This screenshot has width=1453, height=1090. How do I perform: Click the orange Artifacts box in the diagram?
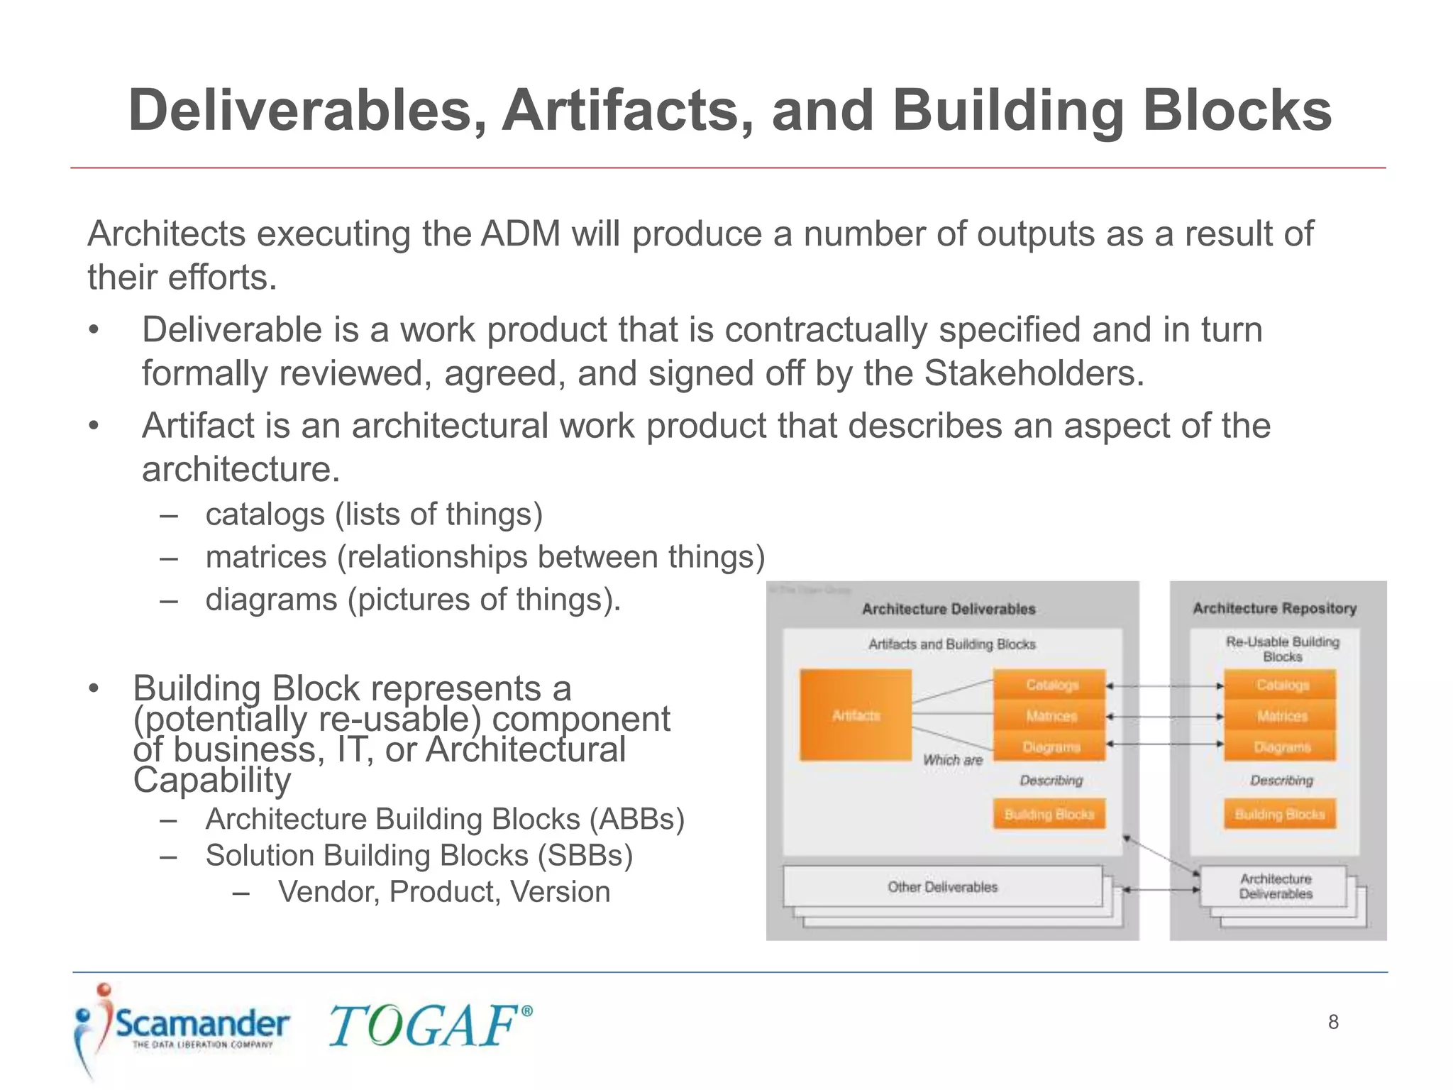(856, 715)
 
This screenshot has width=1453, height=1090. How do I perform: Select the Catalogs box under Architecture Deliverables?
(1050, 685)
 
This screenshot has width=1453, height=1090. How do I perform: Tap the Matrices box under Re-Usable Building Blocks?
(1281, 716)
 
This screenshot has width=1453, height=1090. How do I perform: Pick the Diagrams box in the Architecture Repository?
(1281, 747)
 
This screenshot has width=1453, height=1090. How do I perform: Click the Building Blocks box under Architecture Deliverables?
(1049, 814)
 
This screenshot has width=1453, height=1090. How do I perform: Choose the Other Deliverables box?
(942, 886)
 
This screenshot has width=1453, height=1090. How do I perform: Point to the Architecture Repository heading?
(1274, 608)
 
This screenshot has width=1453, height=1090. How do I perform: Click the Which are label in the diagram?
(952, 760)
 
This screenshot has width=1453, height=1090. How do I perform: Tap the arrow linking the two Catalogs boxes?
(1164, 686)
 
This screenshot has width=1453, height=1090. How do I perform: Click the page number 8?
(1333, 1022)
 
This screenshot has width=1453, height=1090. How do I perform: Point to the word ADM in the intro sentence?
(521, 233)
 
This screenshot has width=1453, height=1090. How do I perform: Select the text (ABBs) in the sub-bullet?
(636, 819)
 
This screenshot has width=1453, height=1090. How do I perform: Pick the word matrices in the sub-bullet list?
(265, 556)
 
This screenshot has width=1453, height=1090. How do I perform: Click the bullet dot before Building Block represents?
(93, 688)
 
